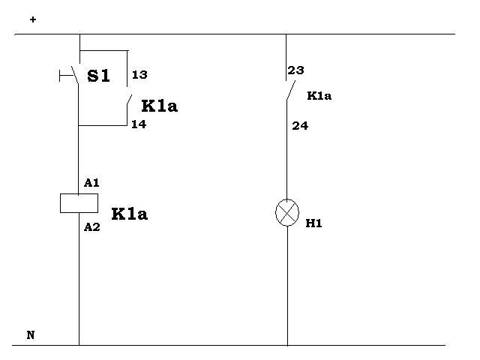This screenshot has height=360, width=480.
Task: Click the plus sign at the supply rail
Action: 33,19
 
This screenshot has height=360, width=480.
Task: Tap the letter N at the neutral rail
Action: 31,335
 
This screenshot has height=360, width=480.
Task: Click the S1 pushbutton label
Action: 98,76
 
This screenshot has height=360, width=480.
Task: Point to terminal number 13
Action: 139,75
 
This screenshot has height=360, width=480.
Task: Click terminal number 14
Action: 139,124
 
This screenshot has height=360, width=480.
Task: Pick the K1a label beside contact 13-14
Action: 160,106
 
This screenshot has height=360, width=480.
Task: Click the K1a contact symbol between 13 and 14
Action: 129,100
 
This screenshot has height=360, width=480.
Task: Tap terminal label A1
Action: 91,183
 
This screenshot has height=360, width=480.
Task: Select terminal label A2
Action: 91,227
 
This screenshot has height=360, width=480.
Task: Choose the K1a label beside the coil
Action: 130,214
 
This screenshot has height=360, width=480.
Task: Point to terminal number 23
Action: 295,70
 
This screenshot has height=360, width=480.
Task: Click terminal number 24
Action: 300,126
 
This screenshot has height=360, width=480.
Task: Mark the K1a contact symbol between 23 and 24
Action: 291,90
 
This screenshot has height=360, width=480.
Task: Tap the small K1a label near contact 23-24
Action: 319,96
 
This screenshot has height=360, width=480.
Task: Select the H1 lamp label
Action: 313,223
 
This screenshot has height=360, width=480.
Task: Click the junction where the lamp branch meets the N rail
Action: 287,345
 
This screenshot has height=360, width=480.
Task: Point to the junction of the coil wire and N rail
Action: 79,345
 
